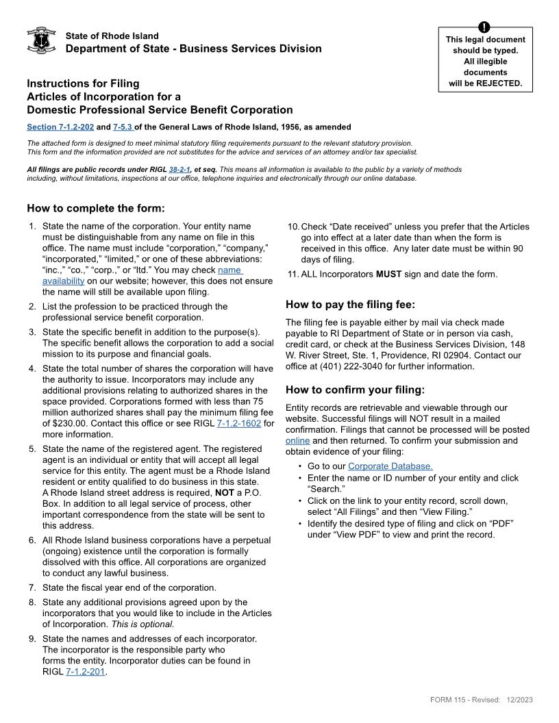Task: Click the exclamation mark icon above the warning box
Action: [x=485, y=27]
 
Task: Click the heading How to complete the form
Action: [x=96, y=208]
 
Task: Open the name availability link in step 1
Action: [x=229, y=270]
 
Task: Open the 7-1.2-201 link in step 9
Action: [x=86, y=672]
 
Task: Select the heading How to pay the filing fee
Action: [x=350, y=305]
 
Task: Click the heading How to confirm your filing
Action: [x=355, y=390]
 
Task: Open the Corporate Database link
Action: [x=390, y=466]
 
